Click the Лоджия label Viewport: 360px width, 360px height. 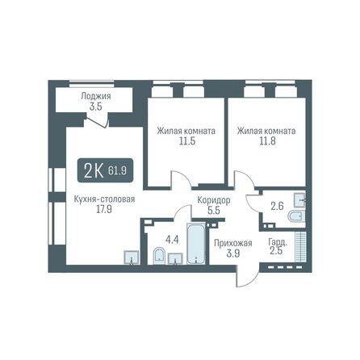(x=95, y=96)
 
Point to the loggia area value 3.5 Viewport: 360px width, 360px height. (x=95, y=106)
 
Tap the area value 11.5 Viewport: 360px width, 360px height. (x=174, y=140)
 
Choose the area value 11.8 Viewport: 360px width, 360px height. (x=265, y=140)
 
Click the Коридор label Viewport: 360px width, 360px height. (x=214, y=199)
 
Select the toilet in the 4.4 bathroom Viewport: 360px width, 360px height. (x=159, y=257)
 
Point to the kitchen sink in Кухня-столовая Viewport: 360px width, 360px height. (x=130, y=257)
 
